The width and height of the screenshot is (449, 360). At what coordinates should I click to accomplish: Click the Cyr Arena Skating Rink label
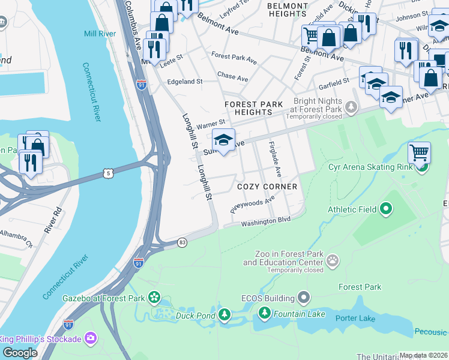tap(370, 166)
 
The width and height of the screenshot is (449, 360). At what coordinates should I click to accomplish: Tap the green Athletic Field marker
tap(385, 209)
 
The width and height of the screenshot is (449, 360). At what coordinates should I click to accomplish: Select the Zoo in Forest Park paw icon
tap(332, 261)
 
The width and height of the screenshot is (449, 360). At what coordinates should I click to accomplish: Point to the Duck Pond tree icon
tap(224, 314)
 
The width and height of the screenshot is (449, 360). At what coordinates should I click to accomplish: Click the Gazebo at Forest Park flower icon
tap(154, 298)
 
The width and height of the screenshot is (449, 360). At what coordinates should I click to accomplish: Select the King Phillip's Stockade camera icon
tap(91, 339)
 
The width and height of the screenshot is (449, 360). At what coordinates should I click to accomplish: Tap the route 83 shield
tap(182, 242)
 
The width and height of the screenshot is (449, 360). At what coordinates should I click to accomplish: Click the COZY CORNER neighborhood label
tap(267, 187)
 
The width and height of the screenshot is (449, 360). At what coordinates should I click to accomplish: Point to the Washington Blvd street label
tap(266, 221)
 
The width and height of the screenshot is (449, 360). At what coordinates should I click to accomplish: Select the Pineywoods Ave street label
tap(252, 207)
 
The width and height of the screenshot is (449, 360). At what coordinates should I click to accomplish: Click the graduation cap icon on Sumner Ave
tap(223, 141)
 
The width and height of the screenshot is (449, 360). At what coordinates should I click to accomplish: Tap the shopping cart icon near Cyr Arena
tap(419, 152)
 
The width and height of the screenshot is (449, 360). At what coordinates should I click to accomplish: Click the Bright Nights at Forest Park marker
tap(351, 107)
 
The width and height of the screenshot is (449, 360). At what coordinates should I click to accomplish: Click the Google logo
tap(20, 353)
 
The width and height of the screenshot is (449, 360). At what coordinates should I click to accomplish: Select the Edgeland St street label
tap(185, 81)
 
